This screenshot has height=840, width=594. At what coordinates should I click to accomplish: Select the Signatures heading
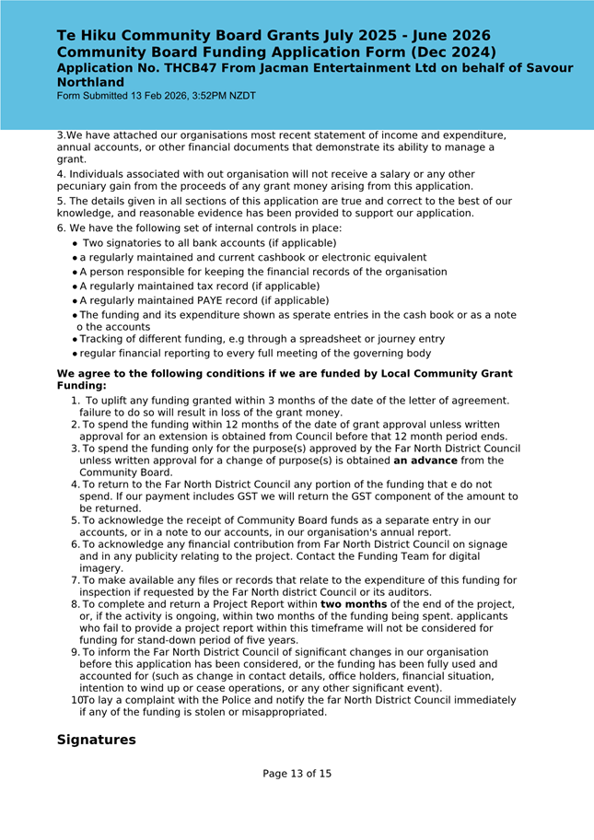coord(96,740)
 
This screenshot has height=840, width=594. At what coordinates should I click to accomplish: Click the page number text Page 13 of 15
coord(297,774)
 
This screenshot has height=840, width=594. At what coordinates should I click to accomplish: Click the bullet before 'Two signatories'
coord(74,243)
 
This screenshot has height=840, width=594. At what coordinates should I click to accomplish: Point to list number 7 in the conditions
coord(75,580)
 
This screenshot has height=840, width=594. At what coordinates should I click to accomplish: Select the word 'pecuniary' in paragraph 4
coord(83,186)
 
